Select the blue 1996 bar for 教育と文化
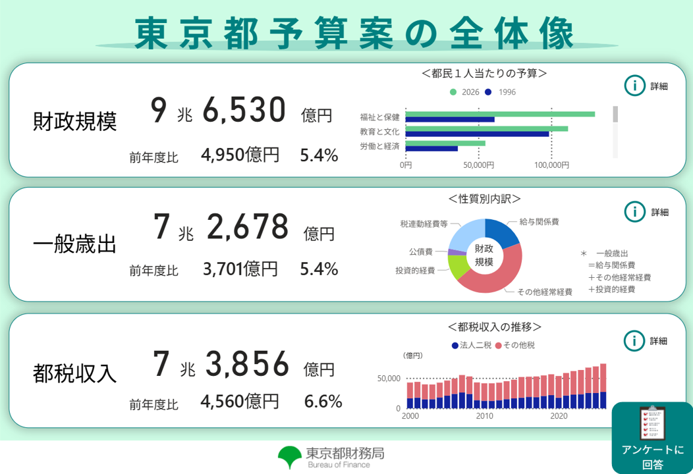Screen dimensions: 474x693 coord(477,134)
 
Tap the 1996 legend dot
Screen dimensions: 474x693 coord(488,92)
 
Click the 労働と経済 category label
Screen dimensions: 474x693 coord(379,145)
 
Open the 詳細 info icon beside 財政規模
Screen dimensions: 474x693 coord(634,86)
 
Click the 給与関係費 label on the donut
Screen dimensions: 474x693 coord(539,223)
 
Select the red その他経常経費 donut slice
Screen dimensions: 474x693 coord(494,276)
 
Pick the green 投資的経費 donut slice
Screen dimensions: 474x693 coord(457,265)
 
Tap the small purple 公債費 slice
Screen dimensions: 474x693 coord(452,251)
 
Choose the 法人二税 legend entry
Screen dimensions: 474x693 coord(471,345)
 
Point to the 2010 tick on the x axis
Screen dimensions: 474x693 coord(485,416)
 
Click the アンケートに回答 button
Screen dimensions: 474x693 coord(652,437)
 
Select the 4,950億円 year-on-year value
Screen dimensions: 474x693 coord(240,155)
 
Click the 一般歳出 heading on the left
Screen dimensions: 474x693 coord(74,245)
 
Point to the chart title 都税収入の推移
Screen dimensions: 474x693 coord(494,327)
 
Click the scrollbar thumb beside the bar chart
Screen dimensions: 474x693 coord(616,114)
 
